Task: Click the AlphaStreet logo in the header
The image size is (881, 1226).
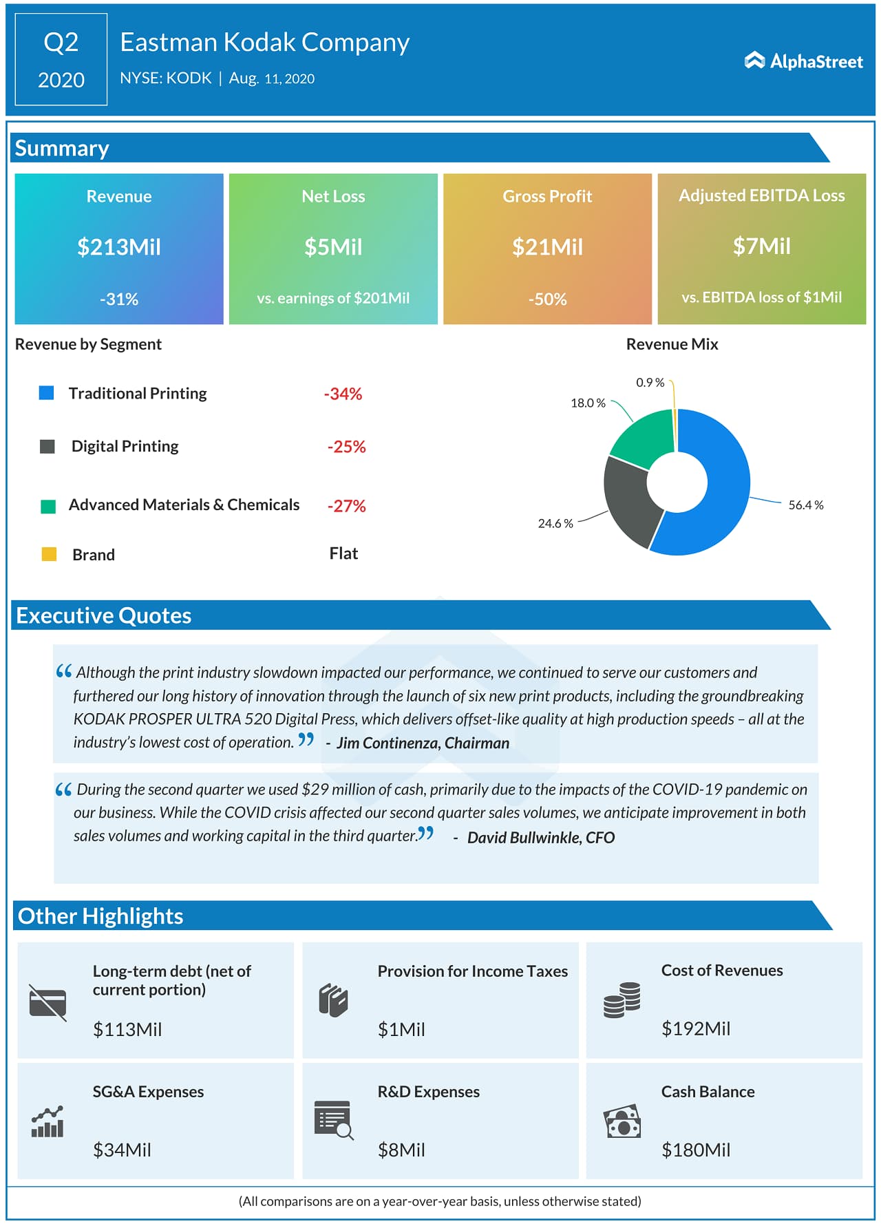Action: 803,61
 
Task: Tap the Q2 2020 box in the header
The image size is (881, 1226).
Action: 61,60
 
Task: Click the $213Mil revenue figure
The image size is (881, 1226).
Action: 119,246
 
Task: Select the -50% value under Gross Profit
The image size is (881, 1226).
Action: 547,299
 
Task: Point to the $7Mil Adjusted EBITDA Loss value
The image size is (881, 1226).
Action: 761,246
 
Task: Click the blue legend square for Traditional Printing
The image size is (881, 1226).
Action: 47,393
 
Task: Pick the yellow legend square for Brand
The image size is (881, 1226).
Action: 49,554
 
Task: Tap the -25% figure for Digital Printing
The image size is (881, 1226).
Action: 346,447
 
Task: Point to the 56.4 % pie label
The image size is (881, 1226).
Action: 805,505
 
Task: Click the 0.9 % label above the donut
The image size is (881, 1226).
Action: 650,383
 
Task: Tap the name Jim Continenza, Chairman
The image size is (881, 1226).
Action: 423,743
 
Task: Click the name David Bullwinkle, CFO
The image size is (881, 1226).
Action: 540,837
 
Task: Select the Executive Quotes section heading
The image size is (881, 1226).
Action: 104,615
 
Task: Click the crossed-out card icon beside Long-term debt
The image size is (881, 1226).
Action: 47,1002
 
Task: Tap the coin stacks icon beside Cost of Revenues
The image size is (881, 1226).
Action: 622,1000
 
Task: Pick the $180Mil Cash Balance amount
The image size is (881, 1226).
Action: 695,1150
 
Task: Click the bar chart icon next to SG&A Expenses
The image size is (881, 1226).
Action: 47,1122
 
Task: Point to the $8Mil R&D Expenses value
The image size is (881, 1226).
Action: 401,1150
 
